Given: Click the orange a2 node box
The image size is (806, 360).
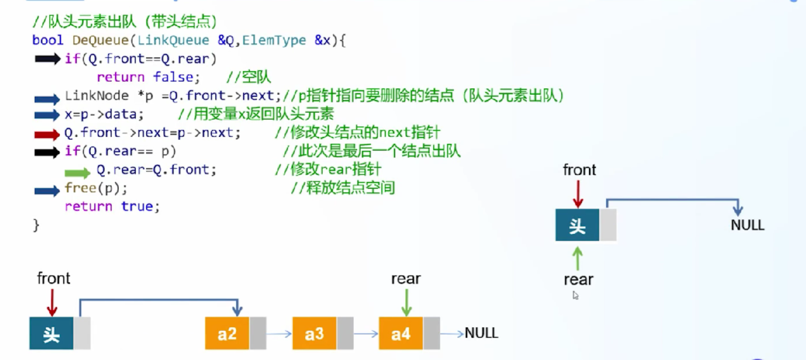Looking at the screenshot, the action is click(227, 333).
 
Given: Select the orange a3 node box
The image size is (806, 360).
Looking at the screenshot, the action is click(314, 333).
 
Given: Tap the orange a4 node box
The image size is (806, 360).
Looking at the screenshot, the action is click(401, 333).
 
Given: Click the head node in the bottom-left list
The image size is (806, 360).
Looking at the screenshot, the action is click(51, 333).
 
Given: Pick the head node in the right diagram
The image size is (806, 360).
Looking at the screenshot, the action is click(577, 225).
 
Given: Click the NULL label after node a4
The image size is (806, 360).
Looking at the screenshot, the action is click(481, 333).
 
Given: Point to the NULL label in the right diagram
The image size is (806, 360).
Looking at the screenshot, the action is click(747, 225).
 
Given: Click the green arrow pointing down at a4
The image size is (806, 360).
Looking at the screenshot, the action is click(407, 303).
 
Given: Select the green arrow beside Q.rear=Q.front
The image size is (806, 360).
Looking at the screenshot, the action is click(78, 173).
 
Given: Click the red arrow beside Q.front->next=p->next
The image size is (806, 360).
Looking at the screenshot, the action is click(47, 134).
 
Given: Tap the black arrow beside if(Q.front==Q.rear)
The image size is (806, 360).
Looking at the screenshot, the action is click(47, 59).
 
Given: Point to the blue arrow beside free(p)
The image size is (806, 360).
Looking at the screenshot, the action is click(47, 190).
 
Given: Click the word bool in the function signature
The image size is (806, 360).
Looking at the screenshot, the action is click(48, 40).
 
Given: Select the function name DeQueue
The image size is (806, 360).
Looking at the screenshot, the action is click(100, 40).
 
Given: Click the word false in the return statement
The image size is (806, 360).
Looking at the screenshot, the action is click(173, 77).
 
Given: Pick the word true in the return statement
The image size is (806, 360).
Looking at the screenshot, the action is click(137, 206).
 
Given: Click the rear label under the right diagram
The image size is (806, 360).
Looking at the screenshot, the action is click(578, 280).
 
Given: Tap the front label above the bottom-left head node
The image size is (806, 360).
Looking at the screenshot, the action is click(53, 278).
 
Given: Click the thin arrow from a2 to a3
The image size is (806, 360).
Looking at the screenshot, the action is click(279, 334).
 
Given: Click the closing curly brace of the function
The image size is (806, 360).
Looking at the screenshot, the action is click(36, 226).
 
